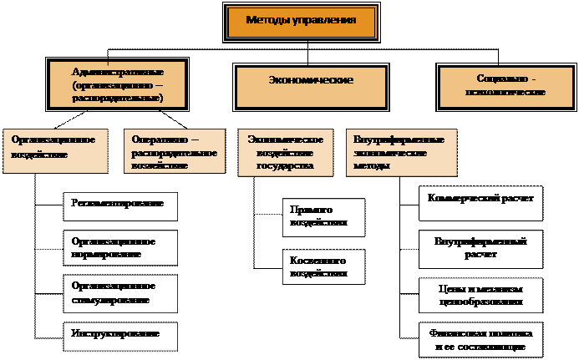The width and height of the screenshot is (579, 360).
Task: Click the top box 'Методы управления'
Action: pos(302,23)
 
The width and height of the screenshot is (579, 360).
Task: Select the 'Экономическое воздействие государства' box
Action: pos(287,152)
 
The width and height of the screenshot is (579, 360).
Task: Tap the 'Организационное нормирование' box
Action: pos(121,247)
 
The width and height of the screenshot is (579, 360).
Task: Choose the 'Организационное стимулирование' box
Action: pos(121,292)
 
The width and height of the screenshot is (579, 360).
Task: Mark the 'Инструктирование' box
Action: pos(121,335)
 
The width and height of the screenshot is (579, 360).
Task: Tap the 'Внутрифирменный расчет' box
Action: pos(480,248)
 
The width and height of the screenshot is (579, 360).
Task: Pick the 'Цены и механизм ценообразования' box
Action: pos(480,293)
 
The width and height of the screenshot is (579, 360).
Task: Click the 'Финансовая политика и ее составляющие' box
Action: pos(480,339)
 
